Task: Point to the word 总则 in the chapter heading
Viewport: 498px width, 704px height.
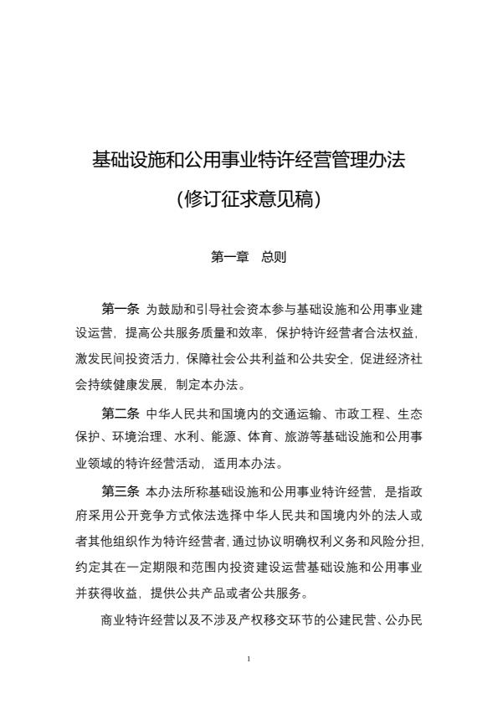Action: [274, 257]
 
